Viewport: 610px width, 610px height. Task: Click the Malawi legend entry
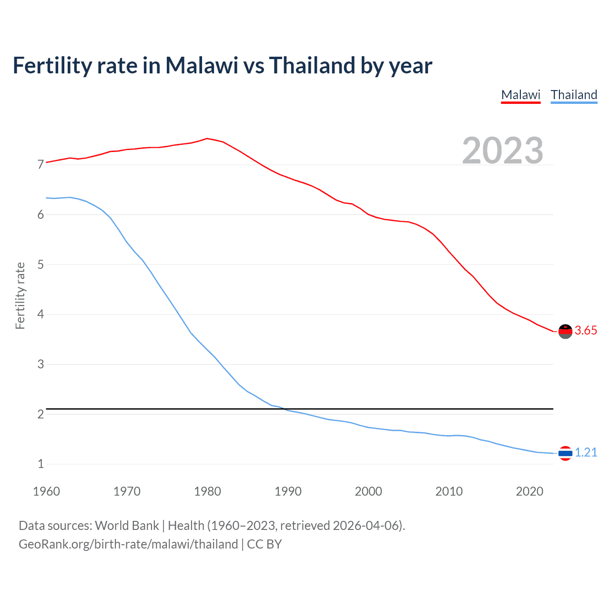[x=520, y=95]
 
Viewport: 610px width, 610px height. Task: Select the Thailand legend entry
[x=574, y=95]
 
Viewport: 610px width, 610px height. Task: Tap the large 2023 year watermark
[x=502, y=151]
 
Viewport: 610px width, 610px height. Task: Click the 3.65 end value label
[x=586, y=331]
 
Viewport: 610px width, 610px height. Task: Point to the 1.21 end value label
[x=586, y=453]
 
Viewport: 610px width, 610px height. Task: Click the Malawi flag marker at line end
[x=565, y=331]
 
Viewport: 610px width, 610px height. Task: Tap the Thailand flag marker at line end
[x=565, y=453]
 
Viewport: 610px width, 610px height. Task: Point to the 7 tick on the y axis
[x=41, y=165]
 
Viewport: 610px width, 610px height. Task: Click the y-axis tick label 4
[x=41, y=315]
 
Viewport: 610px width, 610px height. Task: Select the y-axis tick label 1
[x=41, y=464]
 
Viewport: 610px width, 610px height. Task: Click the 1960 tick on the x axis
[x=46, y=491]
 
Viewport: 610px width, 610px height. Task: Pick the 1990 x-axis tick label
[x=288, y=491]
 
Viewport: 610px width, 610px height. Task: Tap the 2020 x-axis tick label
[x=529, y=491]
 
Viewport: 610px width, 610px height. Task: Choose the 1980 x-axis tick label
[x=207, y=491]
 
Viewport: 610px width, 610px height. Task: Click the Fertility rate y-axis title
[x=20, y=295]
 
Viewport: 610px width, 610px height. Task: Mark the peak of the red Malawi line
[x=207, y=138]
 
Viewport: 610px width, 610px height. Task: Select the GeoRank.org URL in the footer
[x=128, y=544]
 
